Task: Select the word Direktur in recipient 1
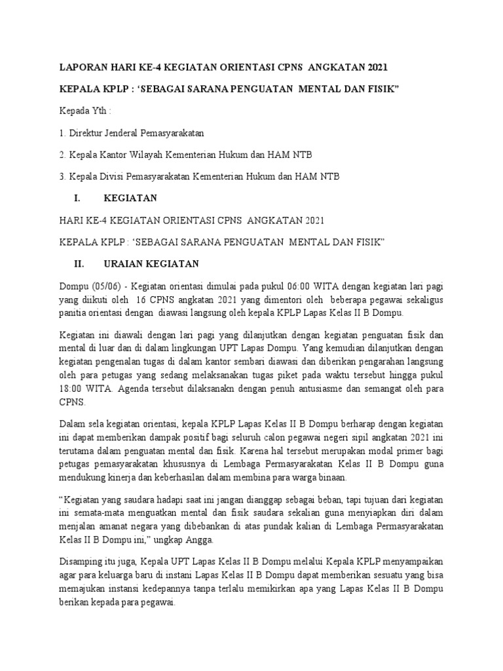coord(86,133)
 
